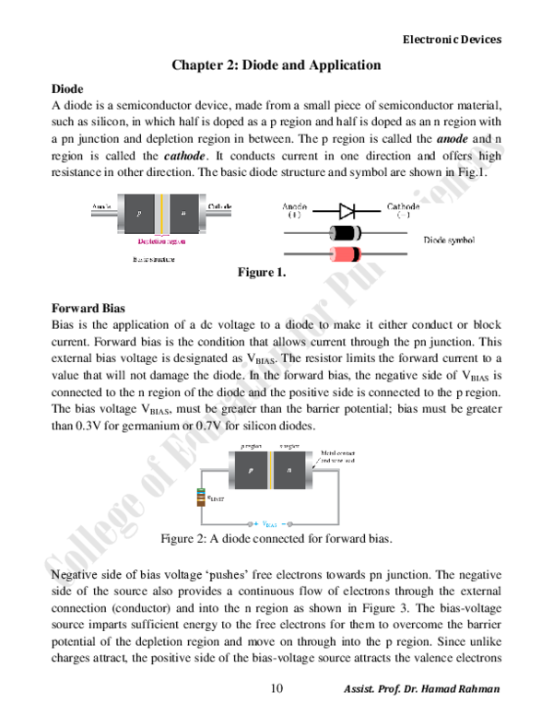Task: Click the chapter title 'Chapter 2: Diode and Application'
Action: pyautogui.click(x=276, y=65)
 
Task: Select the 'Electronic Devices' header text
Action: pyautogui.click(x=453, y=40)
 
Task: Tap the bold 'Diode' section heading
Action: pyautogui.click(x=67, y=88)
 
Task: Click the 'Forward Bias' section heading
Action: pyautogui.click(x=88, y=308)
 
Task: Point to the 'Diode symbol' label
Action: pyautogui.click(x=449, y=240)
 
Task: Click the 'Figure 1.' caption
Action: pyautogui.click(x=262, y=273)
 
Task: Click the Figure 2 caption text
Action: pyautogui.click(x=276, y=538)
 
